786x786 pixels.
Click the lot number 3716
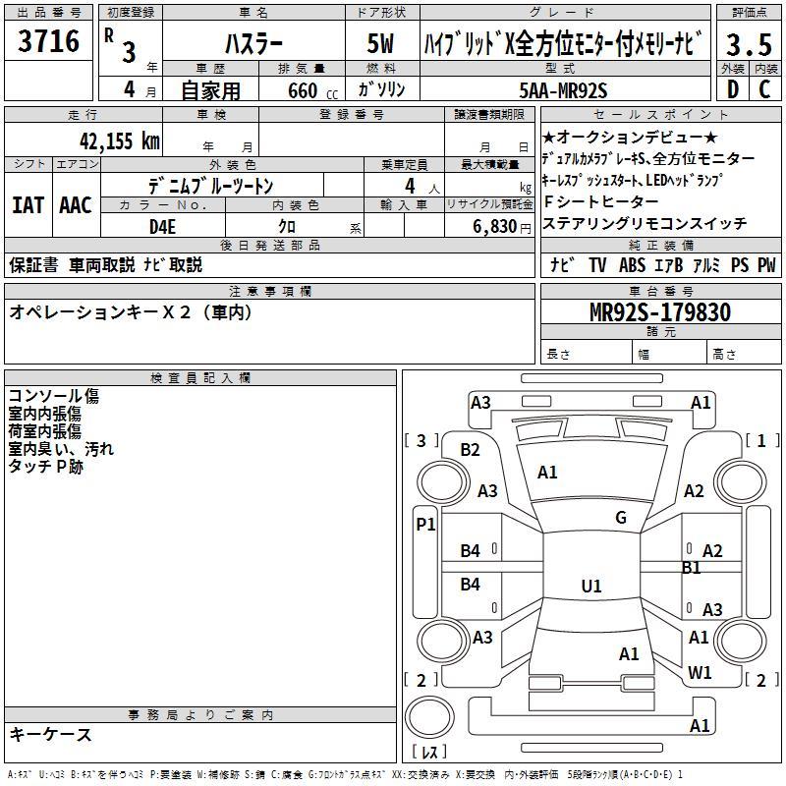tap(48, 41)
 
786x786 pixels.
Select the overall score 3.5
tap(749, 44)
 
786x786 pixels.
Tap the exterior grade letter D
tap(733, 89)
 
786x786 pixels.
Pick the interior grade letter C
tap(764, 89)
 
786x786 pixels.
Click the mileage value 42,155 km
tap(120, 140)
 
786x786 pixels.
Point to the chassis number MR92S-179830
tap(660, 312)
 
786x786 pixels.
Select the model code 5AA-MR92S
tap(563, 90)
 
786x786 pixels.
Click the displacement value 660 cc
tap(312, 91)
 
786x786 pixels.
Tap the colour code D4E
tap(162, 227)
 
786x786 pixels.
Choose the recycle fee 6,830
tap(494, 227)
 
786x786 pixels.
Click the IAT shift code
tap(28, 205)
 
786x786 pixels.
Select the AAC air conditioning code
tap(76, 205)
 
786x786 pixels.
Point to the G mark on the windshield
tap(621, 518)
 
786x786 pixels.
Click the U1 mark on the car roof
tap(591, 586)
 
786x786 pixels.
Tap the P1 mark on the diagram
tap(425, 525)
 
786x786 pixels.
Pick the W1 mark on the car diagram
tap(700, 673)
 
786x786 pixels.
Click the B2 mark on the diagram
tap(470, 450)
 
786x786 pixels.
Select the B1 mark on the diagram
tap(692, 568)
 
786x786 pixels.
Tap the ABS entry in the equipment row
tap(632, 265)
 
